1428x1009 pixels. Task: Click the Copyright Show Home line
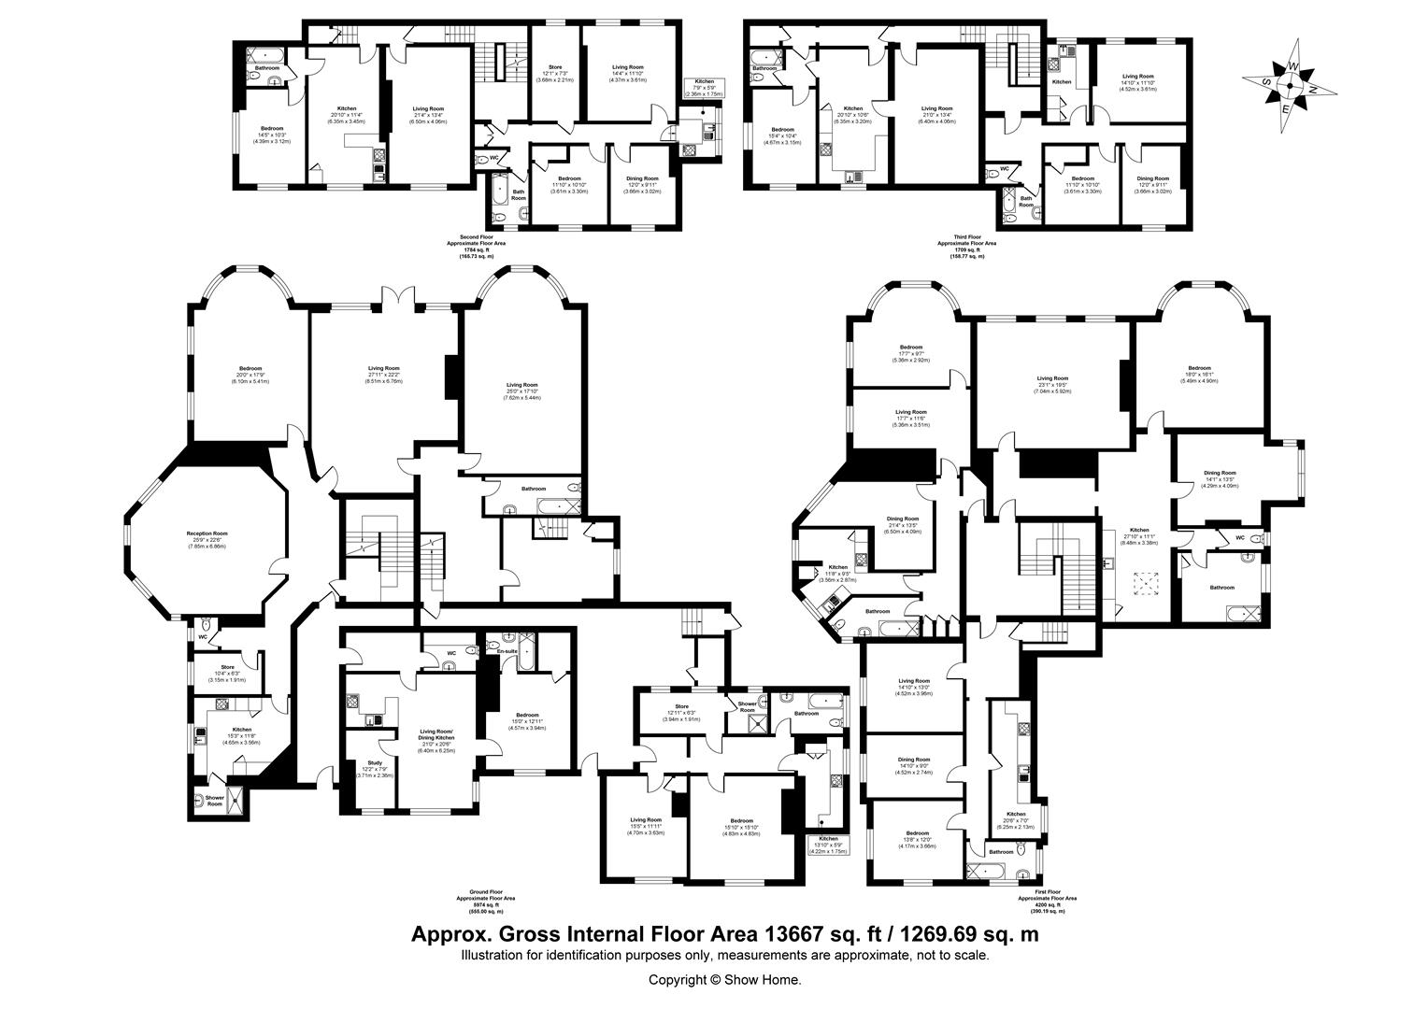(x=725, y=980)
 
